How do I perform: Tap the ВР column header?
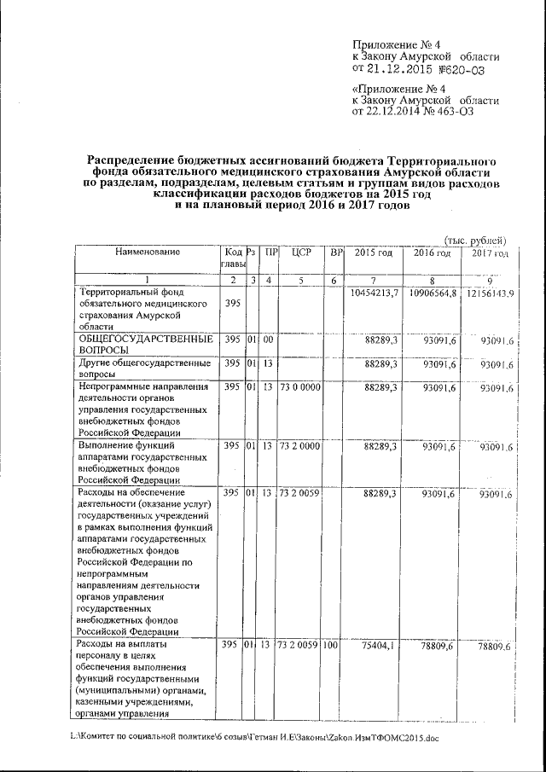pos(336,252)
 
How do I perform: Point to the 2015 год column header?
pos(374,252)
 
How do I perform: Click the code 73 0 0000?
pos(299,387)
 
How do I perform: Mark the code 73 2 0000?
pos(299,446)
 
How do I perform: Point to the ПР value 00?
pos(269,340)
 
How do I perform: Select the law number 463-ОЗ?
pos(448,111)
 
